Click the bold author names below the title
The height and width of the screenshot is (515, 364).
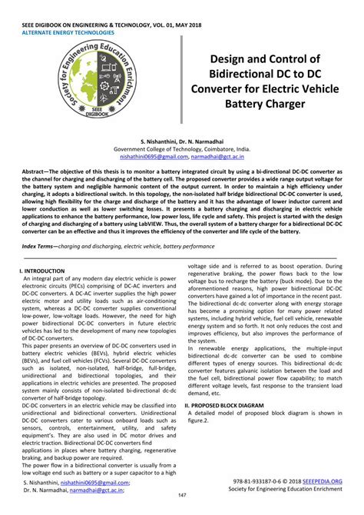[x=181, y=143]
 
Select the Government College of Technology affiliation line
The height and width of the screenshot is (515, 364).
[x=181, y=151]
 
